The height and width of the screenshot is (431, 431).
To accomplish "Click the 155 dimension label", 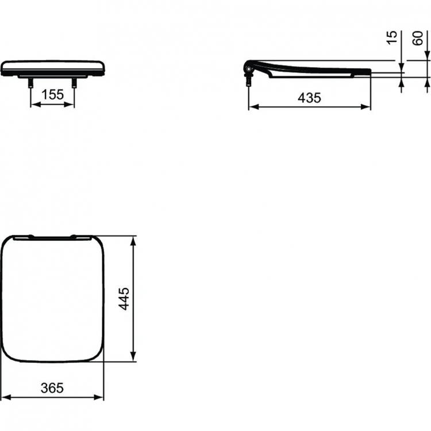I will [x=52, y=95].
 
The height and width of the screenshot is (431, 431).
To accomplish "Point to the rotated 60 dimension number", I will [x=418, y=39].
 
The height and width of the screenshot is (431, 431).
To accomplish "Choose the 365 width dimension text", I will [x=52, y=388].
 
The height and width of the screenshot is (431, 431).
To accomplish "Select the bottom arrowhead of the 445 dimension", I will [x=133, y=359].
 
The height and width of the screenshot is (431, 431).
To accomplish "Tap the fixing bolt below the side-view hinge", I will [x=248, y=81].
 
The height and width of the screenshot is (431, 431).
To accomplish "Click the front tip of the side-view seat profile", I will [x=368, y=71].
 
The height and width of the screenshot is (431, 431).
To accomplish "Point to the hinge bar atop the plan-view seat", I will [x=52, y=236].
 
